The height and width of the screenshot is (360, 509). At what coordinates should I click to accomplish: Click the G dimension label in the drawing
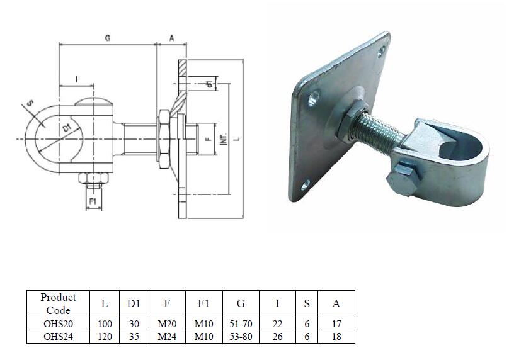point(108,38)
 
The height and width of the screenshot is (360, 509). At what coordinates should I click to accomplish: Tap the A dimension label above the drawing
point(171,38)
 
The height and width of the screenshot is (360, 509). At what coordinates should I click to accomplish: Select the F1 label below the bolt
point(92,201)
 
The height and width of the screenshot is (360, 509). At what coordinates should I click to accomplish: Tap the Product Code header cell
point(58,303)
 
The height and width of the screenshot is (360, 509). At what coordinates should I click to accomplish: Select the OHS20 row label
point(58,323)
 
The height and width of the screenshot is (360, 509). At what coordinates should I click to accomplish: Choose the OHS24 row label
point(58,337)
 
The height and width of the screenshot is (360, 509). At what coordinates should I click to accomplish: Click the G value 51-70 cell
point(241,323)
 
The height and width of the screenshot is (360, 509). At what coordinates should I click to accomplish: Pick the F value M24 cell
point(166,337)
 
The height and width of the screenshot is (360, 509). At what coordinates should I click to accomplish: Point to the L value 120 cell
point(105,337)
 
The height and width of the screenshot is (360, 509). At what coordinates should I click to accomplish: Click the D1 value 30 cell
point(133,323)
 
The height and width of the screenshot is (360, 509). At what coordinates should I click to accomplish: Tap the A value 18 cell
point(336,337)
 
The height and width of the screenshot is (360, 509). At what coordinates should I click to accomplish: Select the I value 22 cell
point(277,323)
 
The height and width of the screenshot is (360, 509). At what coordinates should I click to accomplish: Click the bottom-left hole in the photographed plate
point(306,184)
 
